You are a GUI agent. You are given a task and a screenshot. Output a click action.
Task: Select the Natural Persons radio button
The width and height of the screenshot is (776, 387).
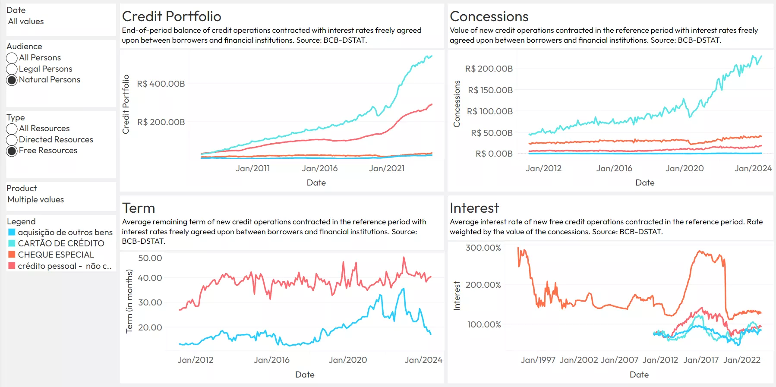click(12, 80)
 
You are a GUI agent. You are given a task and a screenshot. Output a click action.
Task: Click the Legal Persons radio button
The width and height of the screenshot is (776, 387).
click(12, 69)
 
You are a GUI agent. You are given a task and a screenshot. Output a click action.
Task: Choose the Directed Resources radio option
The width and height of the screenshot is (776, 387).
click(12, 140)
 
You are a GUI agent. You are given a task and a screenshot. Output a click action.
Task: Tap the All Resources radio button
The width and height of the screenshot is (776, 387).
click(12, 129)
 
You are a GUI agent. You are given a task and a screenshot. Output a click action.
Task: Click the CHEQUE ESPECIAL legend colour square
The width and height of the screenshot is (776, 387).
click(12, 255)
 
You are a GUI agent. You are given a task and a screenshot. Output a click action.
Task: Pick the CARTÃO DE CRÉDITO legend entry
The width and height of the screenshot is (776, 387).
click(61, 243)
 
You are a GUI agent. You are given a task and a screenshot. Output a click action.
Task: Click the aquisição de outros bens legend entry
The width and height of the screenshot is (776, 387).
click(65, 232)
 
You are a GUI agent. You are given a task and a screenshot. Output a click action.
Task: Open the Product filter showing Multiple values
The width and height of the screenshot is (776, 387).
click(36, 200)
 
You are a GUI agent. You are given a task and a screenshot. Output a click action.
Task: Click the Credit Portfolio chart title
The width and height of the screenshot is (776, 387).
click(171, 16)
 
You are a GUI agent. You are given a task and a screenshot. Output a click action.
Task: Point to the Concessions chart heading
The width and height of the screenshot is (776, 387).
click(489, 16)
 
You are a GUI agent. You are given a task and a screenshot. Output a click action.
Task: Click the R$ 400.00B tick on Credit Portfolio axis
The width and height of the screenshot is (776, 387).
click(161, 84)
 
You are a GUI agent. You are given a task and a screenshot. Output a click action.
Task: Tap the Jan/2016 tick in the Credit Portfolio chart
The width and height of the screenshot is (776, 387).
click(319, 169)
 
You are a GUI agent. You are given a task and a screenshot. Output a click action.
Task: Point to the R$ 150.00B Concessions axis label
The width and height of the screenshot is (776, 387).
click(490, 90)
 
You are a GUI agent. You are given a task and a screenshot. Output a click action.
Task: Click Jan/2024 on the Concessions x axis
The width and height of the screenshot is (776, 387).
click(753, 169)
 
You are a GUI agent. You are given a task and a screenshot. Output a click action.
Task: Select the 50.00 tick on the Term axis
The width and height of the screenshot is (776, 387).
click(150, 258)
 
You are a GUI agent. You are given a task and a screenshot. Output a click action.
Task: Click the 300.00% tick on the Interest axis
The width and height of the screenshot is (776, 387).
click(483, 248)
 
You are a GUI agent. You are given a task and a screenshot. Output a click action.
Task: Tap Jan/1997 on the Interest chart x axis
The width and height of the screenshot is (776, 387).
click(538, 360)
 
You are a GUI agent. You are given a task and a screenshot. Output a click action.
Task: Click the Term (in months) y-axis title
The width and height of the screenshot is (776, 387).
click(129, 301)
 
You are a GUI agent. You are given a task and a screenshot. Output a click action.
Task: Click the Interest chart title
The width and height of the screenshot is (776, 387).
click(474, 208)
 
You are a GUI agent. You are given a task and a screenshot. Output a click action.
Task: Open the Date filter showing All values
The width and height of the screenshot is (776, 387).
click(26, 22)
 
